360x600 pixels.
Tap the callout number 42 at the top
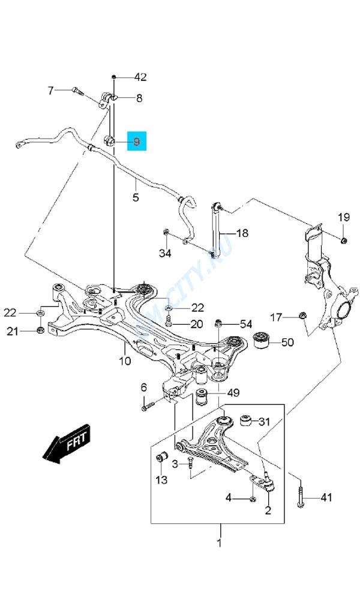[x=140, y=77]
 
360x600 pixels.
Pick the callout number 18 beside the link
[x=241, y=233]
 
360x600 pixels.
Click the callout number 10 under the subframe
[x=124, y=361]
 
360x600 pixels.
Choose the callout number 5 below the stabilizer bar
[x=136, y=197]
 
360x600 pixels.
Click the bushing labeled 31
[x=245, y=421]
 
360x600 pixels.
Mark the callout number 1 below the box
[x=220, y=543]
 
